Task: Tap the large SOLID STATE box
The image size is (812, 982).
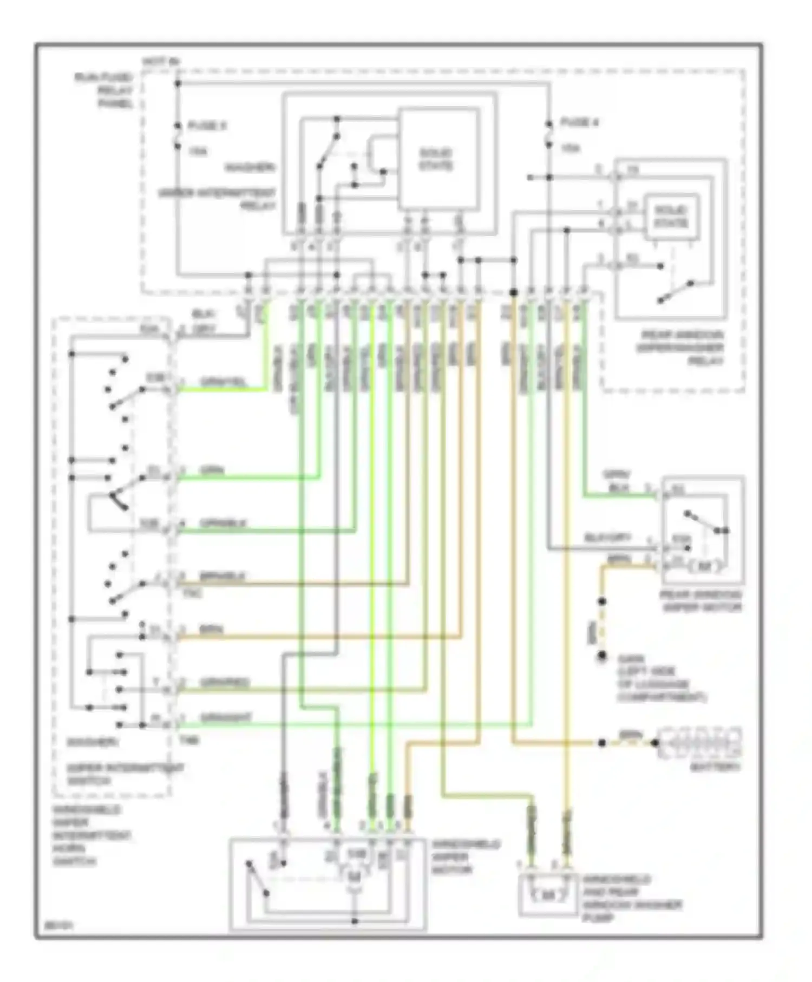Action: point(438,160)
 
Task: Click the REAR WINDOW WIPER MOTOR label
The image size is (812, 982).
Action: point(700,601)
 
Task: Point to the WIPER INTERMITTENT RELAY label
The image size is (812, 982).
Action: point(217,199)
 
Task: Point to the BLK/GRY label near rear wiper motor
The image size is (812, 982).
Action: point(607,538)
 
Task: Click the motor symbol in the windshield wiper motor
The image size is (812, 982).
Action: point(354,875)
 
